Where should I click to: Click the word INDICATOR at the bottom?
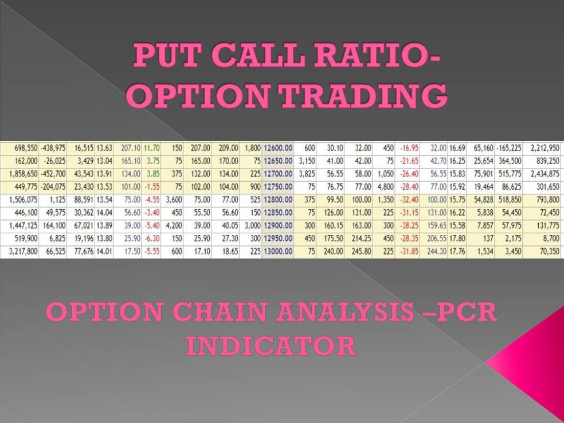(x=271, y=346)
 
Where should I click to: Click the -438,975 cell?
(x=53, y=148)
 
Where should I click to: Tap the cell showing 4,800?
(x=384, y=186)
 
